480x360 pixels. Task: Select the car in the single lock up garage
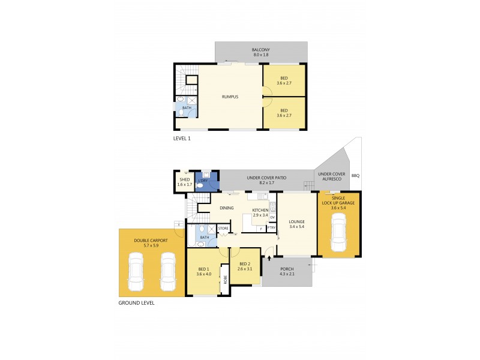pos(339,234)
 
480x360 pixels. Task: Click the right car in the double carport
pos(167,271)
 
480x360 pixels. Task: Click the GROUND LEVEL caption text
pos(136,303)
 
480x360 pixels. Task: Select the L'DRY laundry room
pos(203,180)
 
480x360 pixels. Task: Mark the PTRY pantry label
pos(271,227)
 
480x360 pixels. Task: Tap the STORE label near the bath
pos(223,227)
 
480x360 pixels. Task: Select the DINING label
pos(226,208)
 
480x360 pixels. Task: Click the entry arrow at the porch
pos(269,258)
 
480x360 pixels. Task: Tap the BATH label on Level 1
pos(187,108)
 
